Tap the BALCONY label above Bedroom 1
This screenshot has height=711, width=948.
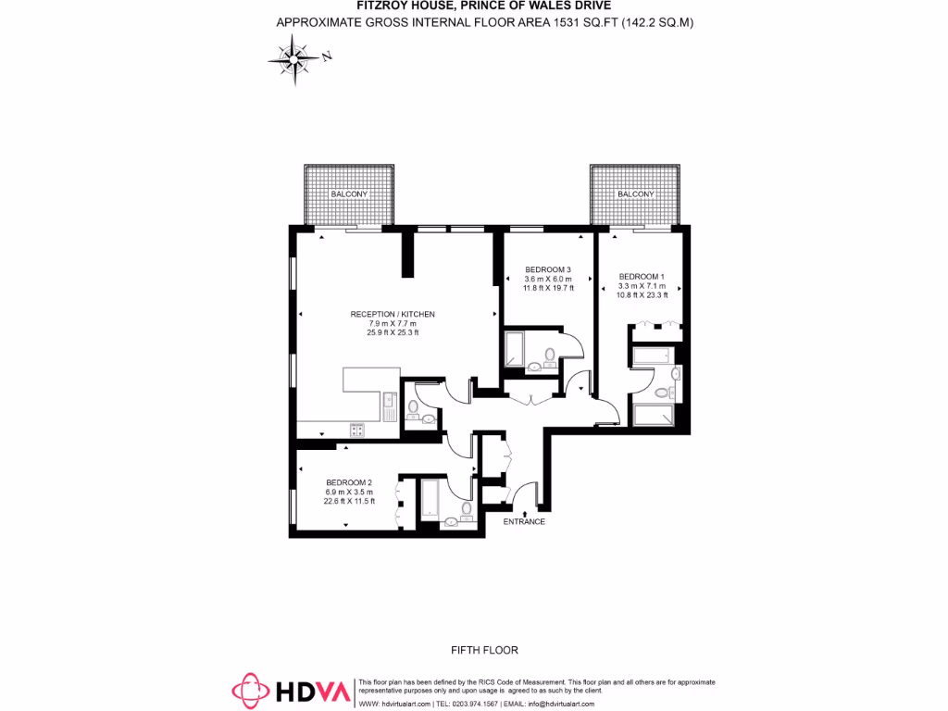pyautogui.click(x=636, y=194)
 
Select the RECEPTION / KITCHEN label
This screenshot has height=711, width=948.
pyautogui.click(x=393, y=315)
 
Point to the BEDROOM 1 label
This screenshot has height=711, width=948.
pyautogui.click(x=642, y=277)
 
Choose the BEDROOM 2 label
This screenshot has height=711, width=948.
pyautogui.click(x=349, y=482)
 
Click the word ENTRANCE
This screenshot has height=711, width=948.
pyautogui.click(x=524, y=522)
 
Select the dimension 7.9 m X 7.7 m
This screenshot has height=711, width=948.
pyautogui.click(x=393, y=324)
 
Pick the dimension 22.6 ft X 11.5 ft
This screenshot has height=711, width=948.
pyautogui.click(x=349, y=502)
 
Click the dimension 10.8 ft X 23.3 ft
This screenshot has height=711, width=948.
pyautogui.click(x=642, y=295)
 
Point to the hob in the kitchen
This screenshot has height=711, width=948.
pyautogui.click(x=357, y=430)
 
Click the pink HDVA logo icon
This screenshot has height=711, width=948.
pyautogui.click(x=249, y=691)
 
